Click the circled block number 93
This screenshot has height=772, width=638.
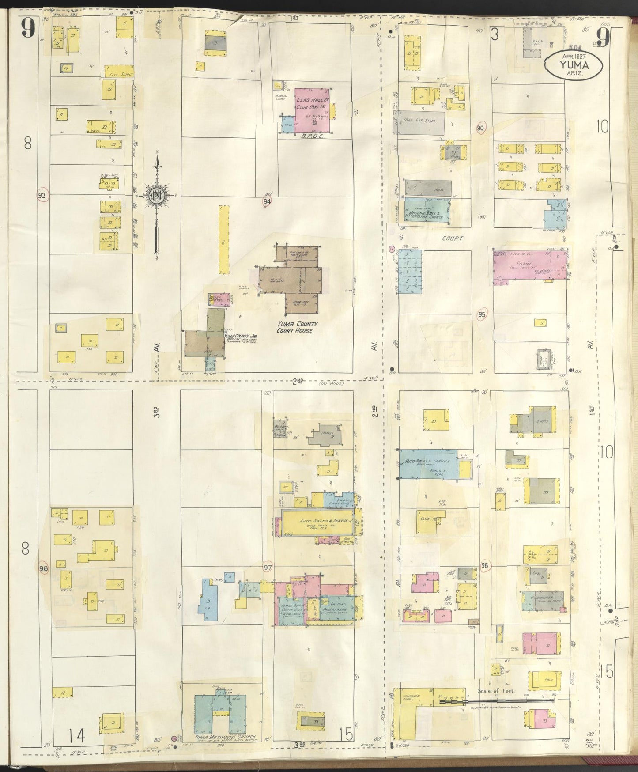(42, 195)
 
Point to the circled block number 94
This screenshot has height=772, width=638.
(267, 201)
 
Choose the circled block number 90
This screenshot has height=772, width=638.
(481, 128)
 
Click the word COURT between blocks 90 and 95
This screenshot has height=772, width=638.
(453, 238)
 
